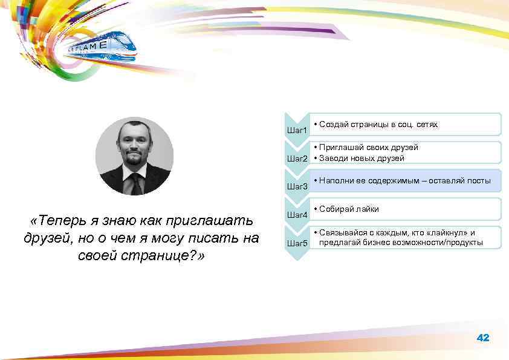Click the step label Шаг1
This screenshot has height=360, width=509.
pyautogui.click(x=297, y=130)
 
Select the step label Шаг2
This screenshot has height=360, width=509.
pyautogui.click(x=297, y=159)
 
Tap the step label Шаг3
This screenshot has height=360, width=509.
pyautogui.click(x=297, y=186)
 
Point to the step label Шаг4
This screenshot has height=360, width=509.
pyautogui.click(x=297, y=215)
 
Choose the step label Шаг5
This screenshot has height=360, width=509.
pyautogui.click(x=297, y=243)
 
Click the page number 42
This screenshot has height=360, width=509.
pyautogui.click(x=483, y=338)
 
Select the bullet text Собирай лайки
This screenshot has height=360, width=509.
pyautogui.click(x=349, y=209)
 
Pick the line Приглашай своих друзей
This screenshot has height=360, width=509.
pyautogui.click(x=368, y=147)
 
